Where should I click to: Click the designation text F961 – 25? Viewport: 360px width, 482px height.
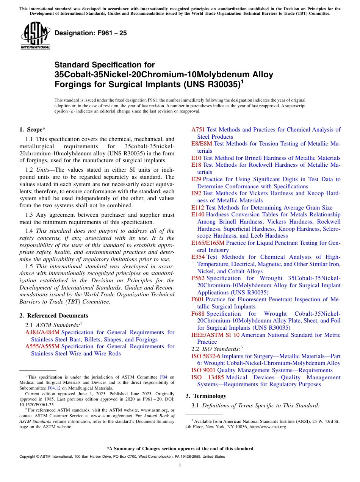91,33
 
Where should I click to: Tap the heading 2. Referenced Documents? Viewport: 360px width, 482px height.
53,316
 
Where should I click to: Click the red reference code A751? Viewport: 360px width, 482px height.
198,130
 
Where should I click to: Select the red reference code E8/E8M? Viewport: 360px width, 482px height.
202,144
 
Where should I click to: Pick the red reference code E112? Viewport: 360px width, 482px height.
197,208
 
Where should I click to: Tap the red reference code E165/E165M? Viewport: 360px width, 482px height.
208,243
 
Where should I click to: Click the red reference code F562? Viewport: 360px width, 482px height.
198,279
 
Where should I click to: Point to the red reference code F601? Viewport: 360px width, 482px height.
197,299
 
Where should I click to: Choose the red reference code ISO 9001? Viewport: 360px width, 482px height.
203,370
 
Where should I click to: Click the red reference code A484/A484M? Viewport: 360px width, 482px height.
42,332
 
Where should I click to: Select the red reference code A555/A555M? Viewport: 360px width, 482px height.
42,346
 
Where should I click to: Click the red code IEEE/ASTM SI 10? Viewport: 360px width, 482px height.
215,335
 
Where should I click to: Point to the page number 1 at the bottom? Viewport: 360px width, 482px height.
180,466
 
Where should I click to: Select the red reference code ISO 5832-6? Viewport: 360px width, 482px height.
206,356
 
